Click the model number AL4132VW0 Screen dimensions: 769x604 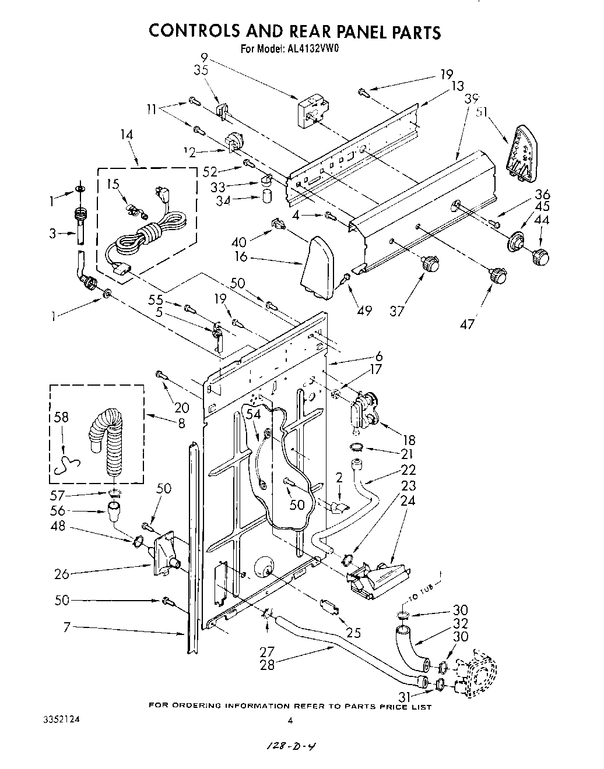pyautogui.click(x=313, y=49)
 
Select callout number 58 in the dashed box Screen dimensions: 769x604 pyautogui.click(x=61, y=417)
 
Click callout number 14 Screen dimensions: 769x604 pyautogui.click(x=127, y=135)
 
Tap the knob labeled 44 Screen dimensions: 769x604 pyautogui.click(x=541, y=255)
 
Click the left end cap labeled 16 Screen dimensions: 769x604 pyautogui.click(x=318, y=265)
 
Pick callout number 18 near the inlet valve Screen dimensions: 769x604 pyautogui.click(x=410, y=441)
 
